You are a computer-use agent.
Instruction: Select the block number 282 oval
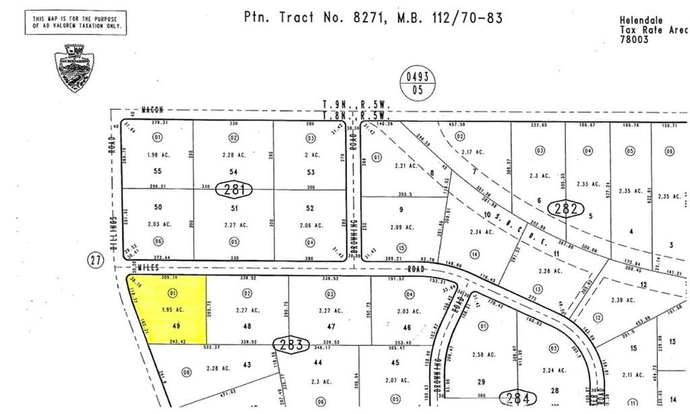(565, 209)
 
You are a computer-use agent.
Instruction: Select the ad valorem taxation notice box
(75, 23)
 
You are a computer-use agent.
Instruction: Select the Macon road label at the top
(153, 109)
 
